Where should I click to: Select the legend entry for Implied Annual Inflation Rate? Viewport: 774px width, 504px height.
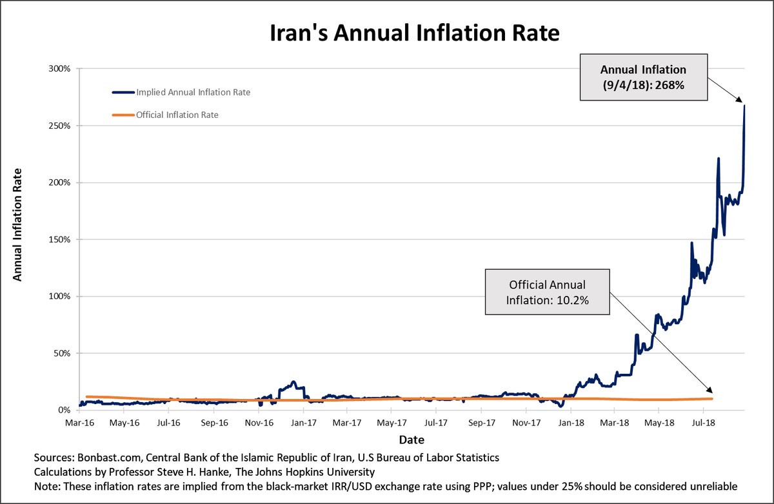[x=193, y=92]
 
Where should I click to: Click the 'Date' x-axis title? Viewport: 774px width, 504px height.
[x=411, y=440]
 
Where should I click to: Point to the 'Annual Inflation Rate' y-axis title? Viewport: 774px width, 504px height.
[x=18, y=224]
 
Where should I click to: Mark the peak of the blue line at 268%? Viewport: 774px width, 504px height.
[x=744, y=106]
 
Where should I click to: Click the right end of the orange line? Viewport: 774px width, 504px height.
[x=711, y=399]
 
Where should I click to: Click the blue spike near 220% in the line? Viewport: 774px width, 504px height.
[x=719, y=159]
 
